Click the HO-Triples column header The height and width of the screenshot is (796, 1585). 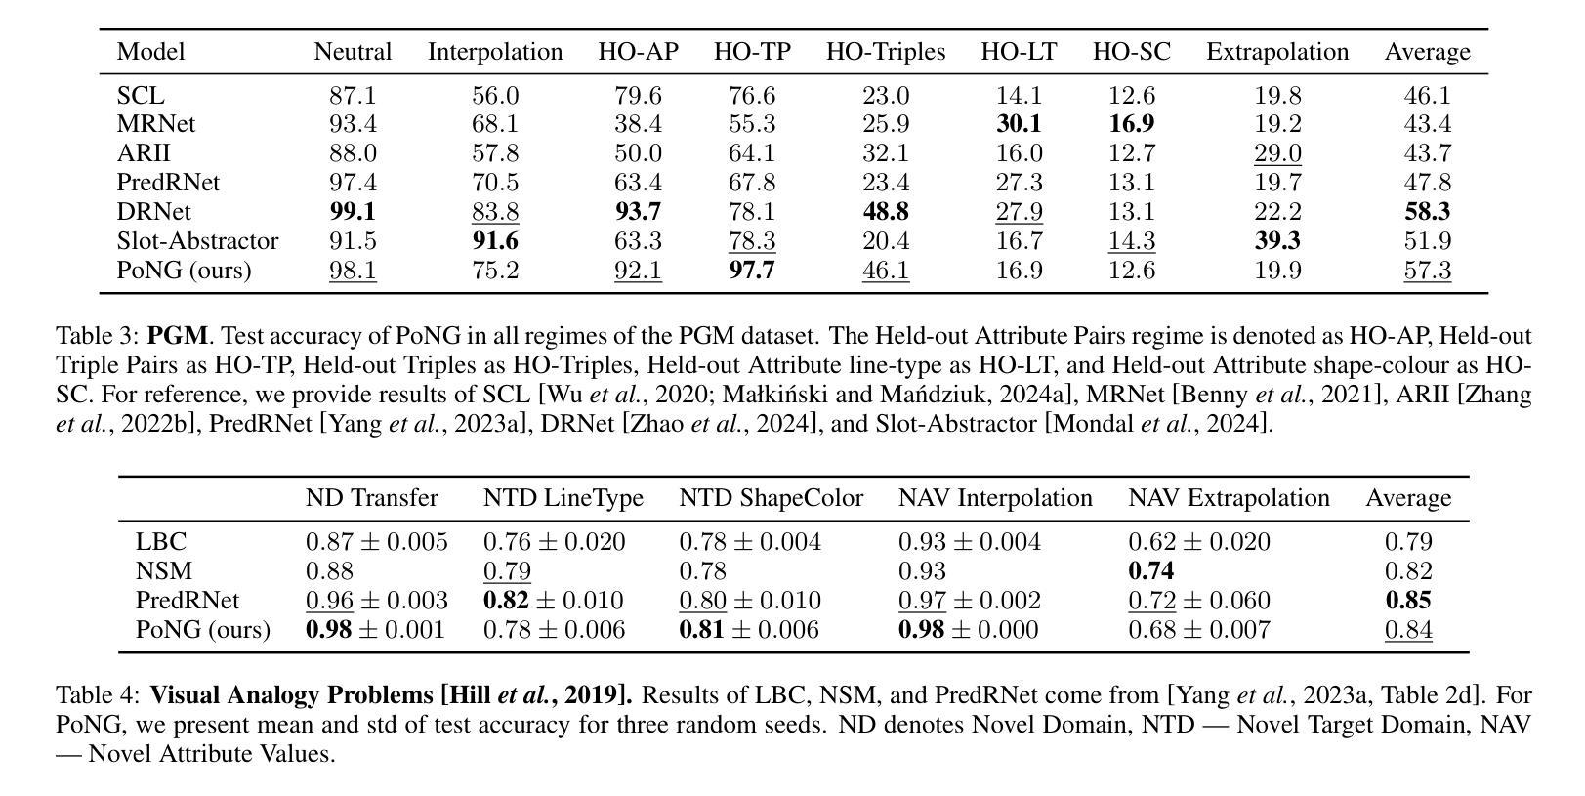tap(885, 52)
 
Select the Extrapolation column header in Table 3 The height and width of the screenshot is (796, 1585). tap(1277, 52)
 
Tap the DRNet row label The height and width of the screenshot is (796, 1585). tap(153, 212)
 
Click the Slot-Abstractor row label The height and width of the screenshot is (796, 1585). tap(197, 241)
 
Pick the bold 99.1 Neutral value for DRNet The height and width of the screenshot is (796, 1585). tap(353, 212)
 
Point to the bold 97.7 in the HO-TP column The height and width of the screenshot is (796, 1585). tap(751, 271)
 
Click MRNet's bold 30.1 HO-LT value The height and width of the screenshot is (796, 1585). tap(1019, 124)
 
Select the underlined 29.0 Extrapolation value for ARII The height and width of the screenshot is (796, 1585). tap(1277, 153)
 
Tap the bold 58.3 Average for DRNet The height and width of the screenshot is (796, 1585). tap(1427, 212)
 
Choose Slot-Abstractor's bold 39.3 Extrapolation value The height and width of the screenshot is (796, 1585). tap(1277, 241)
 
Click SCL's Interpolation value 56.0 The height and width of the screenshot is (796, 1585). tap(494, 96)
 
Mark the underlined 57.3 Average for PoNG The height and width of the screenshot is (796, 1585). tap(1427, 271)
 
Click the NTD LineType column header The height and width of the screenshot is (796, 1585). tap(563, 498)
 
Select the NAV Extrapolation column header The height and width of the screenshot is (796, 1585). tap(1229, 498)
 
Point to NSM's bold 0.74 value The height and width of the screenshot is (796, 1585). tap(1150, 571)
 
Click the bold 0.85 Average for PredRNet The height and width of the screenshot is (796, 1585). tap(1408, 601)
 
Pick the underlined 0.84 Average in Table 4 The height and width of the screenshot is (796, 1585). tap(1408, 630)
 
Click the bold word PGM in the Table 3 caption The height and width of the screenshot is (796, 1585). tap(177, 335)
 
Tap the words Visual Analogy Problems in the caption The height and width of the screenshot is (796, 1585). tap(292, 695)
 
